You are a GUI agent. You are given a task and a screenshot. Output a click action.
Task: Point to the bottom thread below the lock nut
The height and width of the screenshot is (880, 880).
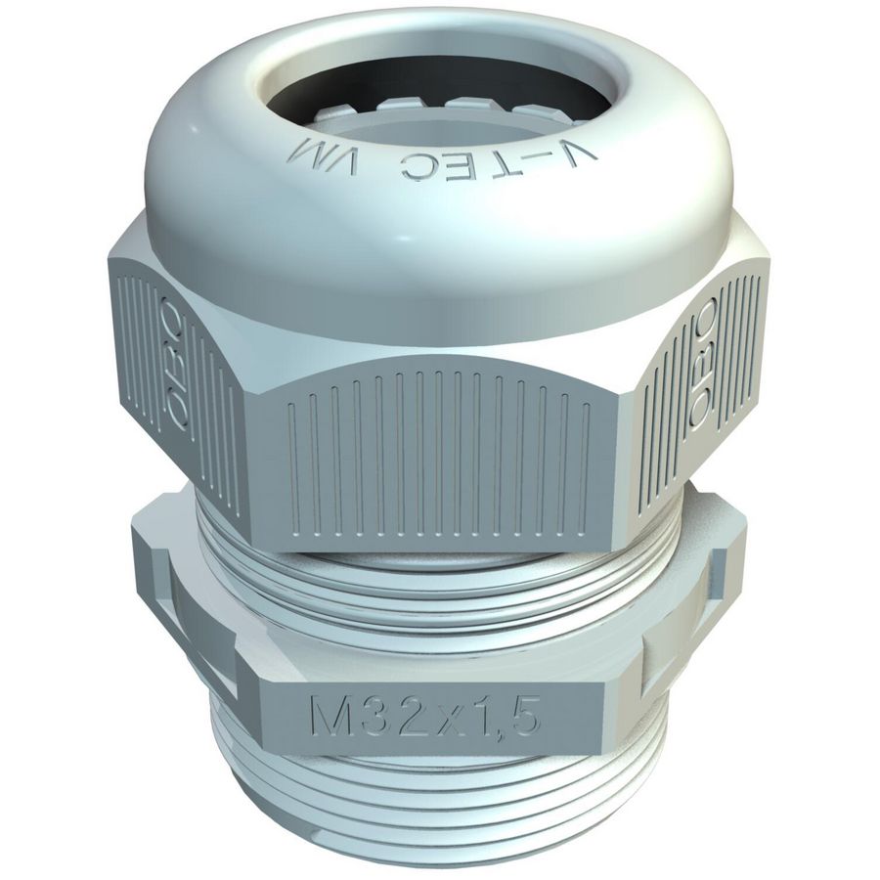[440, 802]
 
